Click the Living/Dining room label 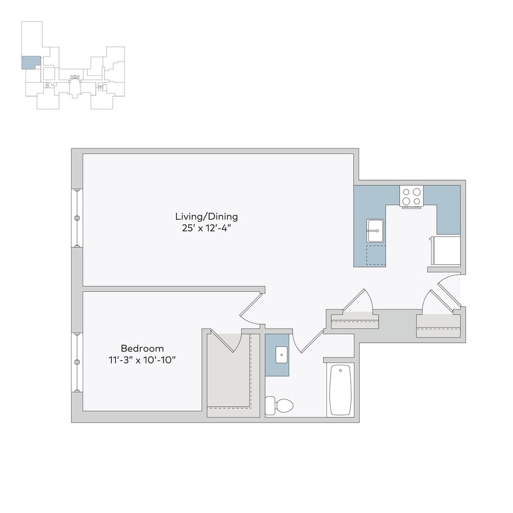[206, 216]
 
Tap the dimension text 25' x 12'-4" [206, 229]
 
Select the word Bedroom [142, 348]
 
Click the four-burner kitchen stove [411, 196]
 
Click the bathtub [340, 390]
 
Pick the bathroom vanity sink [281, 353]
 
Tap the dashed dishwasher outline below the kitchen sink [376, 256]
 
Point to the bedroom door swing [252, 308]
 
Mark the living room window [77, 218]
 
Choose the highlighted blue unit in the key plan [29, 62]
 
